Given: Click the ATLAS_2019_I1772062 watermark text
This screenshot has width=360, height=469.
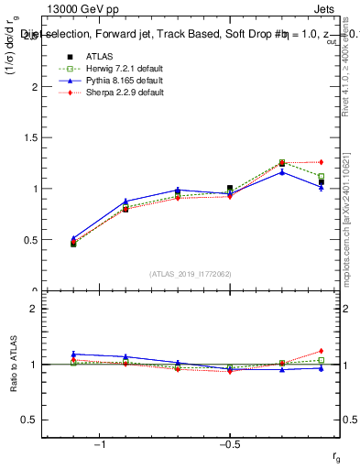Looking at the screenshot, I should (x=190, y=273).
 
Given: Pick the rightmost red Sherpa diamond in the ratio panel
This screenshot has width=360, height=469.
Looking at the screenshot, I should (x=321, y=351).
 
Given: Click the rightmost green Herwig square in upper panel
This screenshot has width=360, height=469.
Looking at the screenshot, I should (x=321, y=176).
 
